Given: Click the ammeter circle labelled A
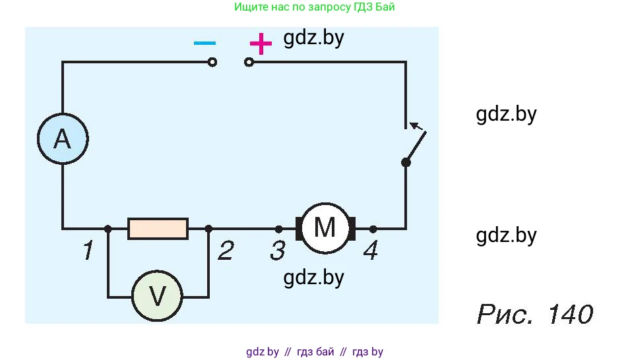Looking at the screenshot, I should [62, 139].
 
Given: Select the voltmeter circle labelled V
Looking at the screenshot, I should [158, 297].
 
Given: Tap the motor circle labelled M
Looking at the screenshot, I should [325, 228].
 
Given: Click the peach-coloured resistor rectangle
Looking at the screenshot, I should [158, 229].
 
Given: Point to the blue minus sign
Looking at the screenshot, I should [205, 43].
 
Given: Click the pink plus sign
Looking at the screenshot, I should [261, 44].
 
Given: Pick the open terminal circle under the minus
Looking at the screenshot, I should [212, 62].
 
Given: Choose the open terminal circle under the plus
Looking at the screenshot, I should [249, 62].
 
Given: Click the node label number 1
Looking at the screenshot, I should [87, 251].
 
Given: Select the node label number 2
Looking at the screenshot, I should [226, 251].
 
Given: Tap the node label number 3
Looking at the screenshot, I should [278, 251].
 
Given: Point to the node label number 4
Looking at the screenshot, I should [371, 251].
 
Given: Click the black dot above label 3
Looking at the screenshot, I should [278, 229].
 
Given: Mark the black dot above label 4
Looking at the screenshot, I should [373, 229].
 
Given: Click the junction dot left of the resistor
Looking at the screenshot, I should [108, 229].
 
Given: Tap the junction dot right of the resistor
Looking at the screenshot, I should [208, 229].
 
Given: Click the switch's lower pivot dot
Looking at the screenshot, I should [406, 162].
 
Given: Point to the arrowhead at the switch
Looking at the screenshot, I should [414, 123].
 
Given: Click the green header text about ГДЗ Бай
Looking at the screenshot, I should [315, 7].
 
